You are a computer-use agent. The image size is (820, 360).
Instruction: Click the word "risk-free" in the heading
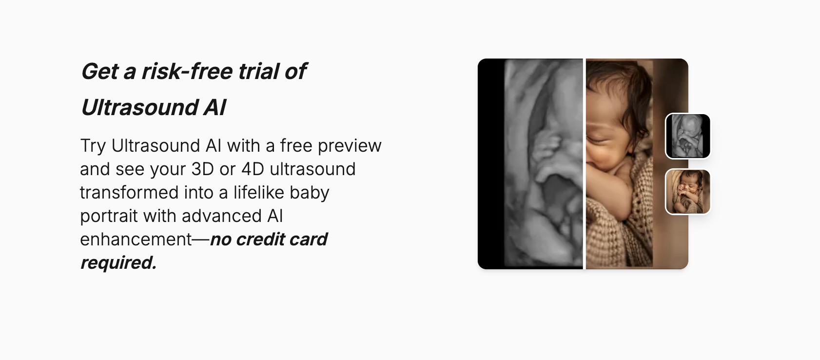click(187, 71)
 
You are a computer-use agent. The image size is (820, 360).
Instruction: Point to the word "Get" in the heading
click(99, 71)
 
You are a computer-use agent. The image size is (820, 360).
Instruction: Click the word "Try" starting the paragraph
click(93, 146)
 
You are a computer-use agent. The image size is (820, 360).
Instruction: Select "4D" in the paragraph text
click(253, 169)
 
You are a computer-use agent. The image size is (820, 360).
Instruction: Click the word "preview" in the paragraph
click(350, 146)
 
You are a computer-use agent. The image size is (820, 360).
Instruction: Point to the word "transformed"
click(129, 193)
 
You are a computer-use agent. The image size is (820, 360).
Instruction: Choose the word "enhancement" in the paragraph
click(136, 240)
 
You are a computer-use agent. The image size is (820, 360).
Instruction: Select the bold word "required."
click(118, 263)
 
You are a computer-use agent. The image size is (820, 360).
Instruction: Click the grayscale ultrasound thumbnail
click(688, 136)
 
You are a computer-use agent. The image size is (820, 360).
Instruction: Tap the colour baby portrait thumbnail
click(688, 192)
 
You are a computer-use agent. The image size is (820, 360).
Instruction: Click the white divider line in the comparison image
click(584, 164)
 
